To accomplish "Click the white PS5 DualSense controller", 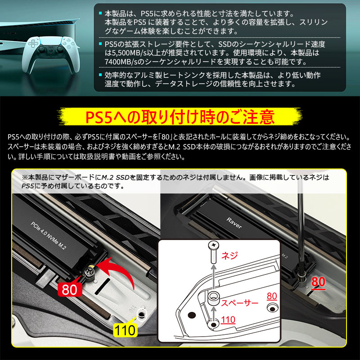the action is point(50,54).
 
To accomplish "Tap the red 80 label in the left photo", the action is point(70,289).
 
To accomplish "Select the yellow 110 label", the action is point(125,330).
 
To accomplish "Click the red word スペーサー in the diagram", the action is point(239,303).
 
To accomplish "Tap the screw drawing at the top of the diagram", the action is point(213,252).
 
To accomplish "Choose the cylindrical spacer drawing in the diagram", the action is point(213,298).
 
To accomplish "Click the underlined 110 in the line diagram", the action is point(228,319).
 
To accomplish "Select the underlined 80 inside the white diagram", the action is point(272,296).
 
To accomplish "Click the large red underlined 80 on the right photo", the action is point(318,282).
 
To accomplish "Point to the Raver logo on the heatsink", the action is point(234,223).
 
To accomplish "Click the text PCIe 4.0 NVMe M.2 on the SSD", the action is point(48,236).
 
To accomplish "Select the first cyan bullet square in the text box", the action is point(100,13).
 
